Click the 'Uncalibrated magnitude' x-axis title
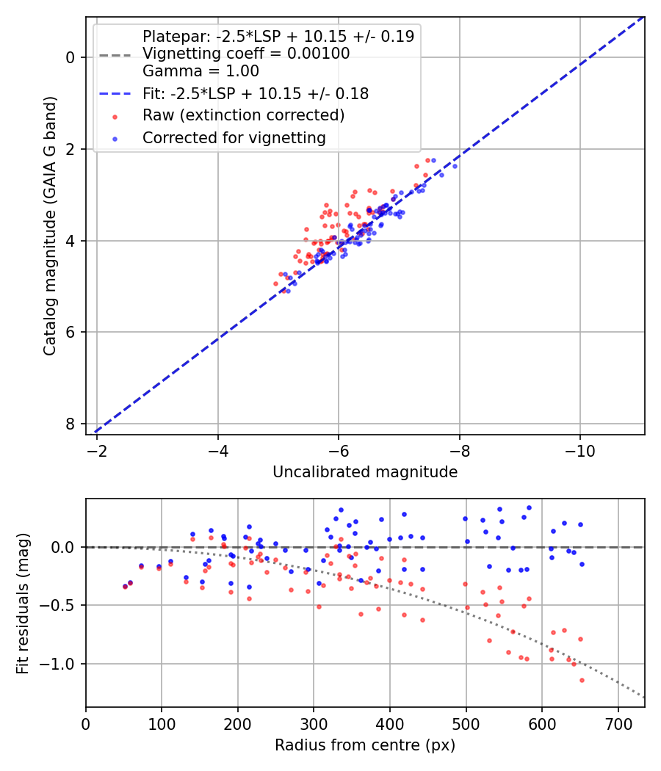point(365,472)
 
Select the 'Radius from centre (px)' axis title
point(365,745)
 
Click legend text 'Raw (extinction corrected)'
point(243,115)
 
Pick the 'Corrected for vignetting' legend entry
point(234,137)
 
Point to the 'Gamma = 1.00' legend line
point(201,71)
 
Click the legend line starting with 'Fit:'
point(256,93)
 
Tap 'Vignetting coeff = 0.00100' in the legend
point(246,54)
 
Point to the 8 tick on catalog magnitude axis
point(71,424)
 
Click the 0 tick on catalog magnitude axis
point(71,57)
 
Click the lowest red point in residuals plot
point(582,680)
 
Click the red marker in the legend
point(115,116)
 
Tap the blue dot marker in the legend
point(115,138)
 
